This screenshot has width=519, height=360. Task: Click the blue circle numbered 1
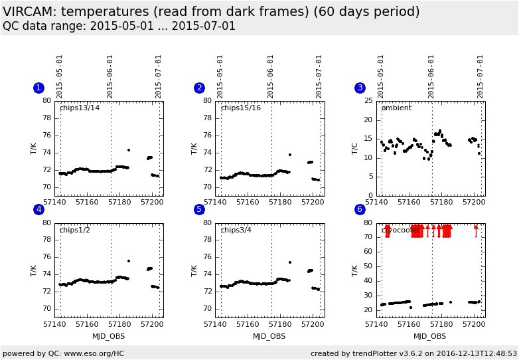tap(38, 88)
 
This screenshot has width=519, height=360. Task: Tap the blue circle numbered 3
tap(360, 88)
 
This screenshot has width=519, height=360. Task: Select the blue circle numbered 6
tap(360, 209)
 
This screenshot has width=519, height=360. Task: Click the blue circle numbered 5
tap(199, 209)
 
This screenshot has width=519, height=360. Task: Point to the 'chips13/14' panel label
tap(80, 108)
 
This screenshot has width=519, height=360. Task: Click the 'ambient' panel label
tap(396, 108)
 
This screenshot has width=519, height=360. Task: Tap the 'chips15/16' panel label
tap(240, 108)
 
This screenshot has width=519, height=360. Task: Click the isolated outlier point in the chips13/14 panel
tap(129, 150)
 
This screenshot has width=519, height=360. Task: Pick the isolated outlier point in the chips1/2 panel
tap(129, 261)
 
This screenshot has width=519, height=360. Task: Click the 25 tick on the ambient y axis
tap(368, 101)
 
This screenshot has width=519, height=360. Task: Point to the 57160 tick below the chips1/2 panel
tap(87, 324)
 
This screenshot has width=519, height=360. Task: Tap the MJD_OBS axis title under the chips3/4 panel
tap(269, 336)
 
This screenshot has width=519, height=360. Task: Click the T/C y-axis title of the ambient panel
tap(355, 148)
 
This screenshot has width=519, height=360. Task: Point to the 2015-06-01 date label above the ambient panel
tap(431, 76)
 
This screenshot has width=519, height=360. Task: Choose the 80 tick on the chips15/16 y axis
tap(208, 101)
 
